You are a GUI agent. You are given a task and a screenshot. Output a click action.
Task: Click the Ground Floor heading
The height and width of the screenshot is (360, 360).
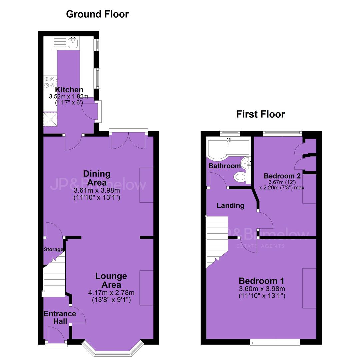coord(97,14)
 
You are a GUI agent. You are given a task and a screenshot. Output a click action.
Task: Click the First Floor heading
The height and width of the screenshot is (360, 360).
coord(261,114)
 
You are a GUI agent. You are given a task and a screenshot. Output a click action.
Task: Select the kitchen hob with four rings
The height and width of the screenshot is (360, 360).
coord(50,82)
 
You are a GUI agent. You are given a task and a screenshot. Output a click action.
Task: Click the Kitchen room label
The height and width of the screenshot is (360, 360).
coord(69,90)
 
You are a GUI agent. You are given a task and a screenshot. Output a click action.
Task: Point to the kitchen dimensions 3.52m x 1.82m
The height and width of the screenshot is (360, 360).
coord(69,96)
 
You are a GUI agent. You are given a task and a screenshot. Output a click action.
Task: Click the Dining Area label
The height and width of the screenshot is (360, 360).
coord(97,178)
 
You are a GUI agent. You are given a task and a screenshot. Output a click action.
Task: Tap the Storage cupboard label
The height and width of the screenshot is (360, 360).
coord(53,249)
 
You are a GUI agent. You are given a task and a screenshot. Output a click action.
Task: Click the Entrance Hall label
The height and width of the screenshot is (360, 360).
coord(60,317)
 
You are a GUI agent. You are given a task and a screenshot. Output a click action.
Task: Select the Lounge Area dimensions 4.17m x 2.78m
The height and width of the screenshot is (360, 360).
coord(111,293)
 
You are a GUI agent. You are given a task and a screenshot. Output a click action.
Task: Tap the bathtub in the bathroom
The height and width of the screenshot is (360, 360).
coord(228,148)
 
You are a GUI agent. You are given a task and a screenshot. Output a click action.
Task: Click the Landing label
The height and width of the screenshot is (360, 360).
coord(231,205)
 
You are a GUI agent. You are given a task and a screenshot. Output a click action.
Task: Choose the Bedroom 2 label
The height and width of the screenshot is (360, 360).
coord(282,176)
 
